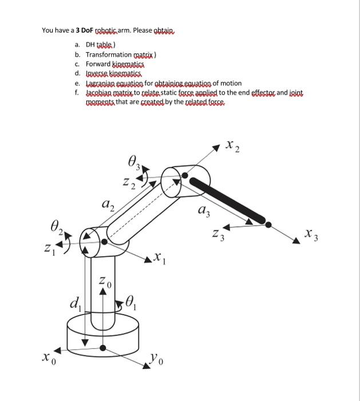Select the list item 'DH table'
click(100, 44)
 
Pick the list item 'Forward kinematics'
click(113, 64)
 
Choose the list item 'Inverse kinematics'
click(112, 73)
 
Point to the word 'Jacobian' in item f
click(100, 92)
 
